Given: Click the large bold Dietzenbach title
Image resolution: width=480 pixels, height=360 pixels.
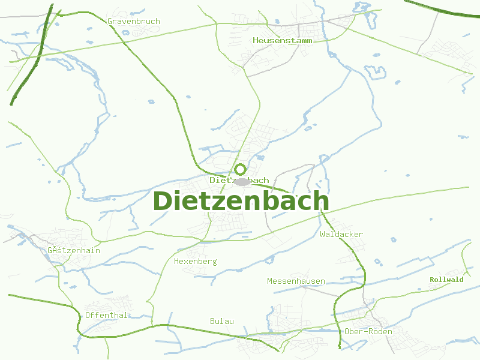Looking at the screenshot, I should pos(241,201).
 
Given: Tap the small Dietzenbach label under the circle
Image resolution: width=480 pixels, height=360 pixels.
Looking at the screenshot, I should pos(239,180).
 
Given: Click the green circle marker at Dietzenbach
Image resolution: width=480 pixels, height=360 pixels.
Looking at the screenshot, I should pos(240,169).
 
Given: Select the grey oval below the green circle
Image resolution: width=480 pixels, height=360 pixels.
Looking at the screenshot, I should pos(242,181).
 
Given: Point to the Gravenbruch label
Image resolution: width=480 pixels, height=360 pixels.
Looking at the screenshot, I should pos(134,22).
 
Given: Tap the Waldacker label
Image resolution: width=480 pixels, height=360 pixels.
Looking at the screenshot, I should pos(341,234).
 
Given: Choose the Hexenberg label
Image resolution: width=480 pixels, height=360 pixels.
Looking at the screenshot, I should pos(195,262).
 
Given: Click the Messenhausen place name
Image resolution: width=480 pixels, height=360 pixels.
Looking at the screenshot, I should pos(296,281).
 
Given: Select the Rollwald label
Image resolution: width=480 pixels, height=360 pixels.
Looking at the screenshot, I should pos(446,280).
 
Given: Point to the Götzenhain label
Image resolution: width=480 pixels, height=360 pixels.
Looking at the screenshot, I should pos(73,250).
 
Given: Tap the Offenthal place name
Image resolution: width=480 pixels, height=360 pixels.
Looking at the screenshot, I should pos(106,315).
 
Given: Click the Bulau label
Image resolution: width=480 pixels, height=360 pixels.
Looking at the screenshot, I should pos(222,321).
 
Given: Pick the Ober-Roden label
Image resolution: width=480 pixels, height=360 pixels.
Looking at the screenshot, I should pos(368,331).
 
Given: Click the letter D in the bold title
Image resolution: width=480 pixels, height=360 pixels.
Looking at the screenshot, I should pos(164,201).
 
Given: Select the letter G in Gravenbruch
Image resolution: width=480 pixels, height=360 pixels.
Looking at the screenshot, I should pos(110,22).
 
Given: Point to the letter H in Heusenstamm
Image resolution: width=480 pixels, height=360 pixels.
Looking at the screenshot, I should pos(256,41).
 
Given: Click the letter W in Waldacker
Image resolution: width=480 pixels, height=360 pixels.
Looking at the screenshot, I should pos(323,234).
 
